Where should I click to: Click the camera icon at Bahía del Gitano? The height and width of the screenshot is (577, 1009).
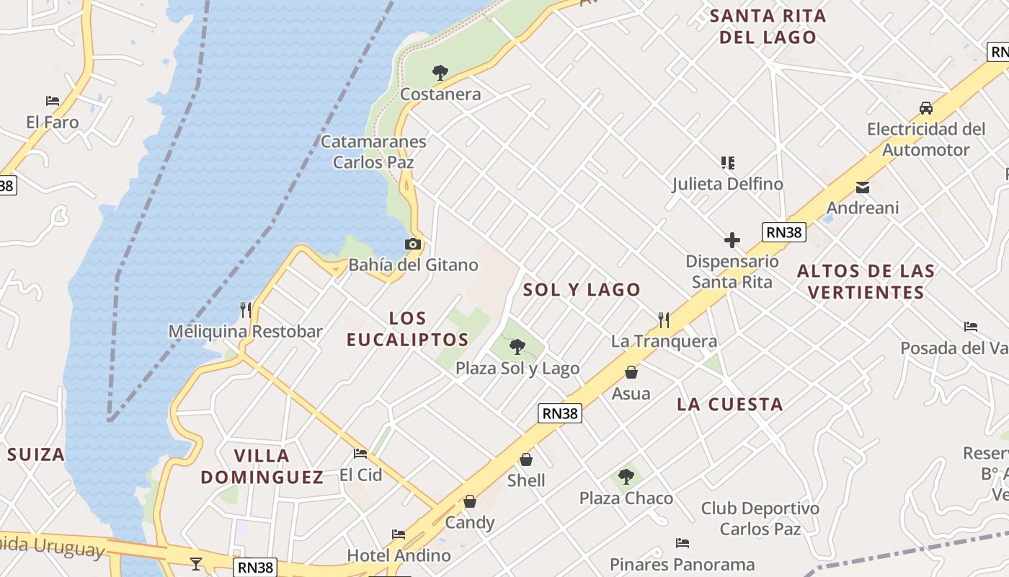click(x=413, y=245)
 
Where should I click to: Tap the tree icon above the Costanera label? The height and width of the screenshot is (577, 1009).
click(x=440, y=72)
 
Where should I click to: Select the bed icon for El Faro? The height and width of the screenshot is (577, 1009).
click(x=53, y=101)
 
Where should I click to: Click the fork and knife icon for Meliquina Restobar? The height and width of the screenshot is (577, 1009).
click(x=246, y=310)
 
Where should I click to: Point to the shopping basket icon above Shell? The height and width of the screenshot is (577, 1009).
click(x=526, y=459)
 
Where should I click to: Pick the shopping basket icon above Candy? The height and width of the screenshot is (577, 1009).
click(x=470, y=501)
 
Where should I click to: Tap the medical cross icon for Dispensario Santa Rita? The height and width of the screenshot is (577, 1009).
click(x=732, y=239)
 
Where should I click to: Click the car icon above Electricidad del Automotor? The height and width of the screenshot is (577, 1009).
click(x=926, y=108)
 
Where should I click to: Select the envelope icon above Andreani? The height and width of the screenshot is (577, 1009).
click(x=862, y=188)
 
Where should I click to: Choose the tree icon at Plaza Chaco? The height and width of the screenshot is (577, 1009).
click(x=626, y=477)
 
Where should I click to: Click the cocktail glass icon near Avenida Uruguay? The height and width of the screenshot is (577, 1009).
click(x=196, y=563)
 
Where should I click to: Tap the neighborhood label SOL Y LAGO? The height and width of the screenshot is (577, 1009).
click(x=582, y=290)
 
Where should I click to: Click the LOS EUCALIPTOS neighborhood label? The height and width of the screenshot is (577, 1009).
click(x=408, y=329)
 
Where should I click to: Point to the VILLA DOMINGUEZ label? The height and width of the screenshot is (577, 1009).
click(x=262, y=466)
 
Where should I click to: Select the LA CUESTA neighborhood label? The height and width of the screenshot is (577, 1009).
click(x=729, y=405)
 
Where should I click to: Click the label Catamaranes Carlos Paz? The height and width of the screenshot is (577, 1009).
click(x=373, y=151)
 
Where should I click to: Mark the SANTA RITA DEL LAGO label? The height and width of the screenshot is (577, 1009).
click(x=768, y=27)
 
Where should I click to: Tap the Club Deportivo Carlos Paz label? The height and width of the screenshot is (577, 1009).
click(x=760, y=519)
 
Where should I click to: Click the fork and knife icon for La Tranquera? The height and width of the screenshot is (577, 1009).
click(x=664, y=320)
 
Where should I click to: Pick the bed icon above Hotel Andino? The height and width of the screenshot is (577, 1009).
click(x=399, y=534)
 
